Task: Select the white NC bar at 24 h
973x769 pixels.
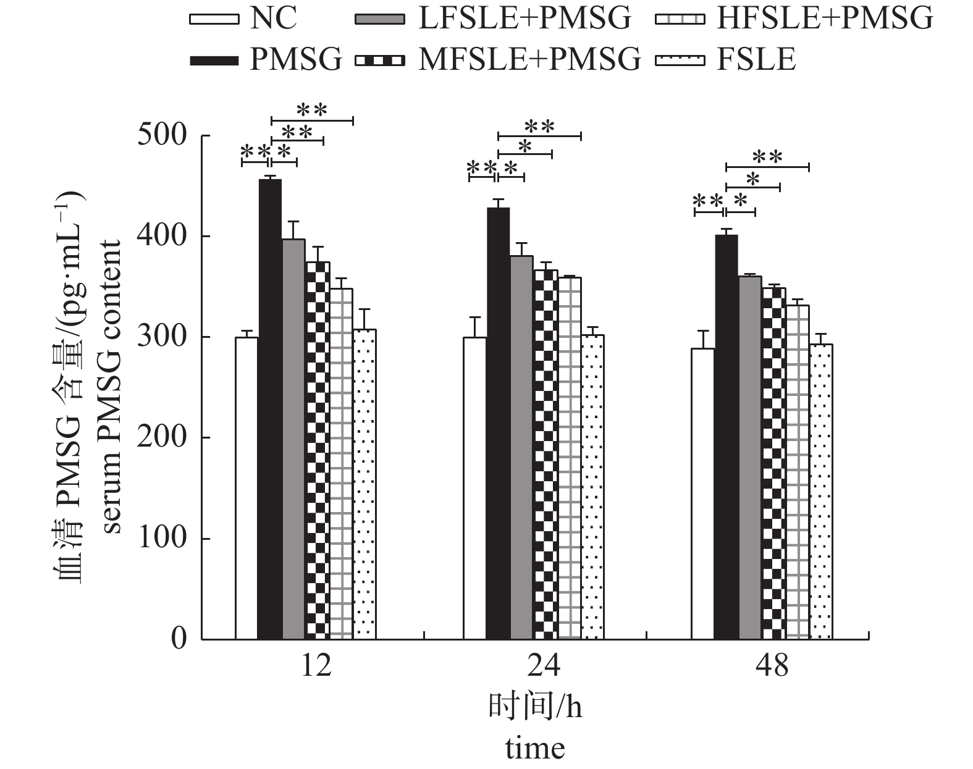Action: click(474, 488)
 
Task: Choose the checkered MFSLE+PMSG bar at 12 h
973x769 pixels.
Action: click(317, 450)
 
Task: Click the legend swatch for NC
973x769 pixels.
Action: click(214, 19)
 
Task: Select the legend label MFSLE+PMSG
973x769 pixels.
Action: click(529, 60)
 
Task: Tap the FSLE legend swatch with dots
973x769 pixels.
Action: click(680, 60)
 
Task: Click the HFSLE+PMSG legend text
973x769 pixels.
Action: click(824, 19)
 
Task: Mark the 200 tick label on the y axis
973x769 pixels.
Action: click(162, 437)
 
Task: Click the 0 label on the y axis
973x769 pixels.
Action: click(178, 639)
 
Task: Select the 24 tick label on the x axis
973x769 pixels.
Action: click(544, 666)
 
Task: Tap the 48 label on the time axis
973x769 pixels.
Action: click(772, 666)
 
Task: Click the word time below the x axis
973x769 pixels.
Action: click(535, 748)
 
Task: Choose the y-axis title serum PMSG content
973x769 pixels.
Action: click(112, 387)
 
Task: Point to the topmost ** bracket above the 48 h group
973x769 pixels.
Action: click(767, 167)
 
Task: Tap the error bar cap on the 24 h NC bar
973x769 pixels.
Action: click(474, 317)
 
